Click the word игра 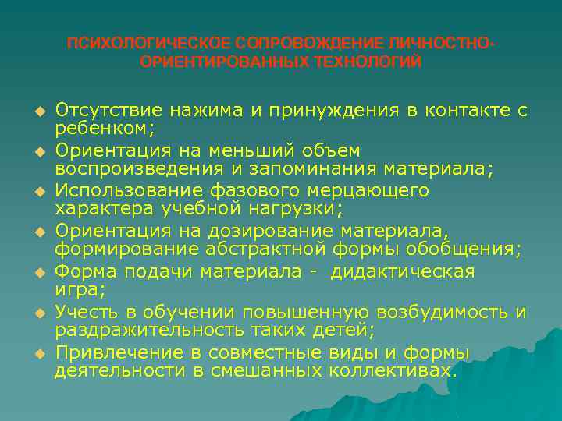75,289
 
